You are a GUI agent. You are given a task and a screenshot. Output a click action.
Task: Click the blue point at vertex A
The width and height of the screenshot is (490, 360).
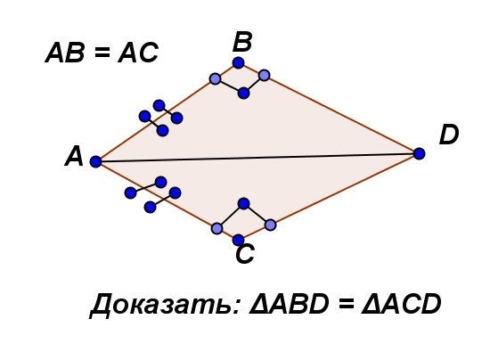(x=95, y=161)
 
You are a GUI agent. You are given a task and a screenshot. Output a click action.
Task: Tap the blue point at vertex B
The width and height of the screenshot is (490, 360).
(x=238, y=62)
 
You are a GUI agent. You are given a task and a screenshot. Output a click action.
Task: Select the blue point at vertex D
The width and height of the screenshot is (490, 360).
(x=419, y=153)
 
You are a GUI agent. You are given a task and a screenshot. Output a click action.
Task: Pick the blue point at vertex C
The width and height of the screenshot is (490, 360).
(x=238, y=240)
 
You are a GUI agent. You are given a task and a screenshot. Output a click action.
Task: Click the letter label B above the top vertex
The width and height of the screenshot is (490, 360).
(x=242, y=42)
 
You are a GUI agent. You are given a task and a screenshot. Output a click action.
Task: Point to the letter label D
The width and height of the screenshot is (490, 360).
(x=449, y=135)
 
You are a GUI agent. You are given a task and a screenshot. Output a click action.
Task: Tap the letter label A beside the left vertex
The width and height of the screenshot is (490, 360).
(x=74, y=157)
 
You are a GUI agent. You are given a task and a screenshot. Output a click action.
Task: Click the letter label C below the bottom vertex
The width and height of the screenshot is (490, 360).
(x=245, y=254)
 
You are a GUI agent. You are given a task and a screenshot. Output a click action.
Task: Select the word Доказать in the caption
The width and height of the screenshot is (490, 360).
(x=166, y=305)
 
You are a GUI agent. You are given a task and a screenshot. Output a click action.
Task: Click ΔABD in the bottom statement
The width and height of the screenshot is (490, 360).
(x=289, y=304)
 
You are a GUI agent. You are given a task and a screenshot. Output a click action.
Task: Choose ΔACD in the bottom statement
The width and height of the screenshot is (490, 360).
(x=401, y=304)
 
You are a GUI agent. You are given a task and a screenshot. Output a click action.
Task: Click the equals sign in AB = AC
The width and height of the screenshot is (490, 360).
(x=102, y=53)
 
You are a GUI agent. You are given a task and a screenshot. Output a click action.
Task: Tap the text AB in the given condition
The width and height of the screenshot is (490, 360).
(x=65, y=53)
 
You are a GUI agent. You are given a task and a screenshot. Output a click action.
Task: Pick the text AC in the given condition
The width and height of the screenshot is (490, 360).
(x=138, y=53)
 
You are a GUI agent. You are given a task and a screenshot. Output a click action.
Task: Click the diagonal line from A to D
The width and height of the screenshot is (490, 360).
(x=257, y=158)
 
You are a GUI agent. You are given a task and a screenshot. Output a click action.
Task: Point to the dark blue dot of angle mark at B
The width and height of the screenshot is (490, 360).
(x=243, y=93)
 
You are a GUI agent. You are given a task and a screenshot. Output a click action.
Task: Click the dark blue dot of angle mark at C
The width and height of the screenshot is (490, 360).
(x=243, y=203)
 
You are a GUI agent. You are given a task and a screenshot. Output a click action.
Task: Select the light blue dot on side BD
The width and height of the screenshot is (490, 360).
(x=264, y=75)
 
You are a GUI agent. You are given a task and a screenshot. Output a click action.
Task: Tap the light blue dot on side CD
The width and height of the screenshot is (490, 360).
(x=270, y=225)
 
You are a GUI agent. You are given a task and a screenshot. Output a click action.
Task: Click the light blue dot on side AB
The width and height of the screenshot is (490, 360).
(x=215, y=78)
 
